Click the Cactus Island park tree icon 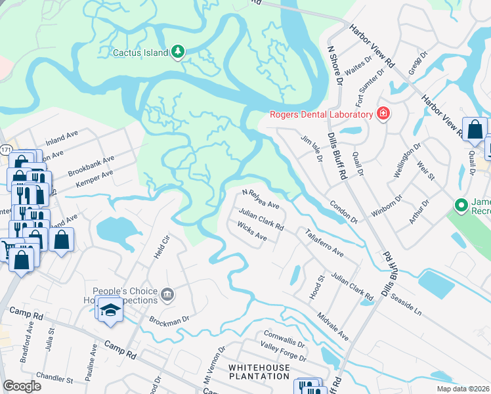[177, 52]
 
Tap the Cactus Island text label [140, 52]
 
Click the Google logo [22, 386]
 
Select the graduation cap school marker [110, 309]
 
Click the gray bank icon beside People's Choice [167, 293]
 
